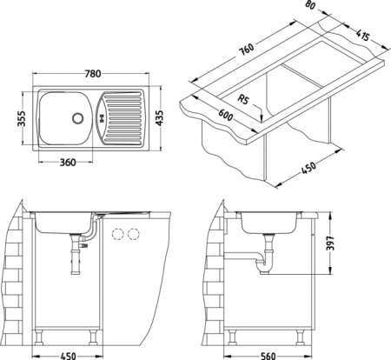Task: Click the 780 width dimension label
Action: point(93,74)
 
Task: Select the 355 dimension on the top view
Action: point(22,118)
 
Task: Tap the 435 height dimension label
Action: point(159,117)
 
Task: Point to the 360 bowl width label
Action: point(68,163)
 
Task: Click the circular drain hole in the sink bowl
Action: point(77,117)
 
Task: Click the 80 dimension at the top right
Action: point(309,4)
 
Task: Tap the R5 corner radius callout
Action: point(243,99)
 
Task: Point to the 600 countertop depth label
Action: point(225,115)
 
